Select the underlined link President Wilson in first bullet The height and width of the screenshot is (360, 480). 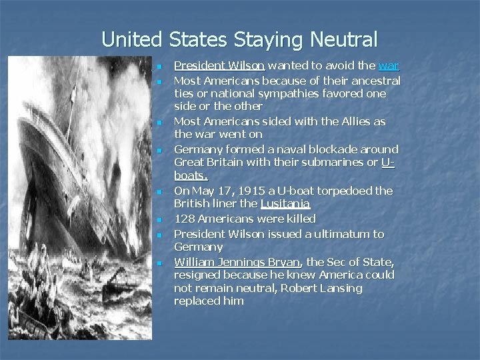click(x=219, y=65)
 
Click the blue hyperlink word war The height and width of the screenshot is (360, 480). click(x=388, y=65)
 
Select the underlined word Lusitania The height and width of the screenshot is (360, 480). click(x=285, y=204)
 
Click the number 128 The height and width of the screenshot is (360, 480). click(x=185, y=219)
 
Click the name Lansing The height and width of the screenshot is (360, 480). click(x=338, y=288)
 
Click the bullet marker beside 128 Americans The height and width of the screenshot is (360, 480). click(x=161, y=219)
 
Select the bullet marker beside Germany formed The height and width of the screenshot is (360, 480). click(x=161, y=150)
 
